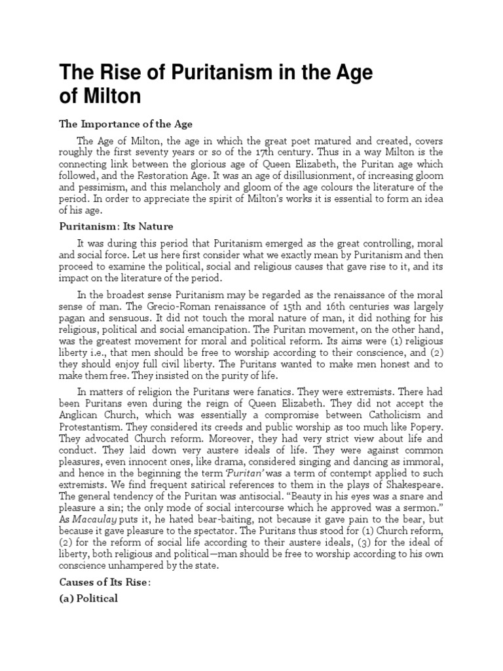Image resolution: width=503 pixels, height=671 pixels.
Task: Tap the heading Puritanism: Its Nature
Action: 117,227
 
